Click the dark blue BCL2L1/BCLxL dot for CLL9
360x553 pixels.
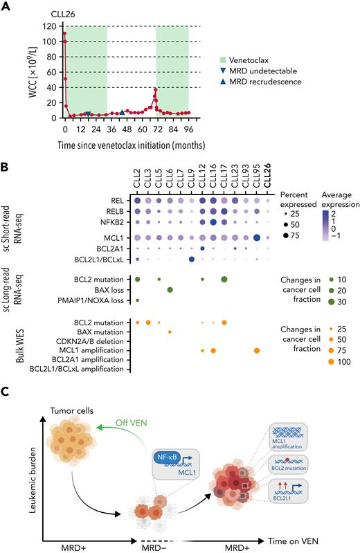[x=191, y=259]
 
